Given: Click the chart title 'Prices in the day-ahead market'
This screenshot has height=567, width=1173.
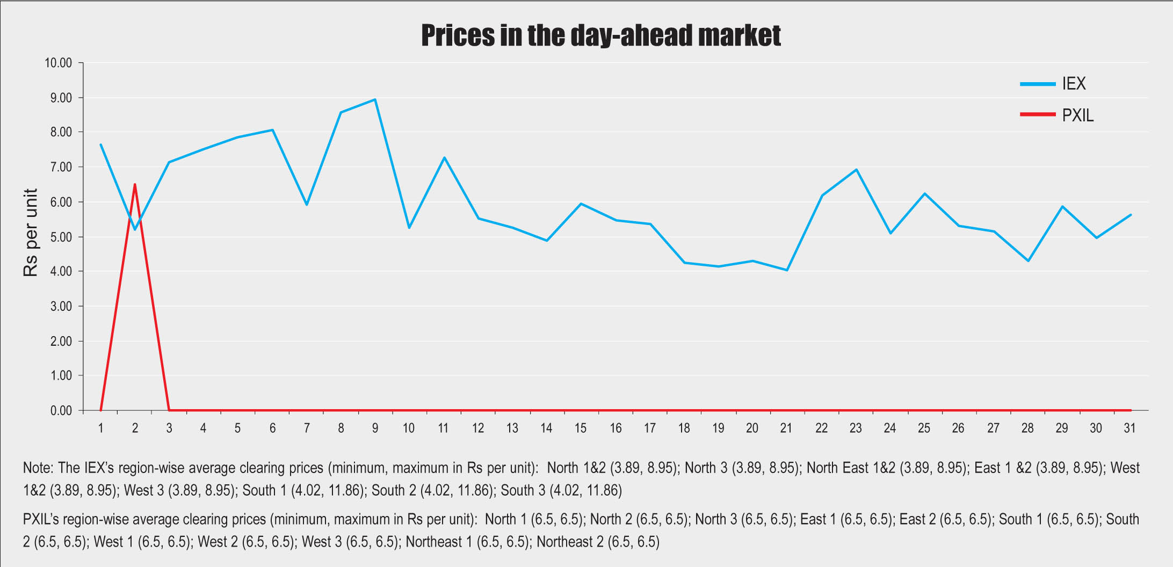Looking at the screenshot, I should (600, 35).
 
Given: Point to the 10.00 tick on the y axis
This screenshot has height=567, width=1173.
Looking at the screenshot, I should (58, 63).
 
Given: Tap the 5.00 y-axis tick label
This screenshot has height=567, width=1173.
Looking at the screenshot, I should (61, 237).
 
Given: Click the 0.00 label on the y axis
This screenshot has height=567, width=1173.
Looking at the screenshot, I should (61, 411).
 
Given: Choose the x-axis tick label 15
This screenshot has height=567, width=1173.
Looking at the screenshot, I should (581, 428).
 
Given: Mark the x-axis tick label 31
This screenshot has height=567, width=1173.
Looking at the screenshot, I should (1129, 428).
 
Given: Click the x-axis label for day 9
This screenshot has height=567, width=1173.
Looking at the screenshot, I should (375, 428).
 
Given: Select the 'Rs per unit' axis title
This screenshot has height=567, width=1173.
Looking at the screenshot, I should (31, 232).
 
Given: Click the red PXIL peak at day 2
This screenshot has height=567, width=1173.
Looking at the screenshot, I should (135, 185).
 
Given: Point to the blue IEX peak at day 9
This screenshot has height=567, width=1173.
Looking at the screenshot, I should (375, 99).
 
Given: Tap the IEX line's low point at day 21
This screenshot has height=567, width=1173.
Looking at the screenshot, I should (787, 270).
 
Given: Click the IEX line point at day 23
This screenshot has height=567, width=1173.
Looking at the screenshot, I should (856, 170).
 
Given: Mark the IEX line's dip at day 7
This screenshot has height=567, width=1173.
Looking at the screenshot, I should (307, 205).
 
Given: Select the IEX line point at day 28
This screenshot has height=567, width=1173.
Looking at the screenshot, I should (1028, 261).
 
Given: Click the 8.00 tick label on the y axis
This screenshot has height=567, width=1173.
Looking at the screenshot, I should (61, 132).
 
